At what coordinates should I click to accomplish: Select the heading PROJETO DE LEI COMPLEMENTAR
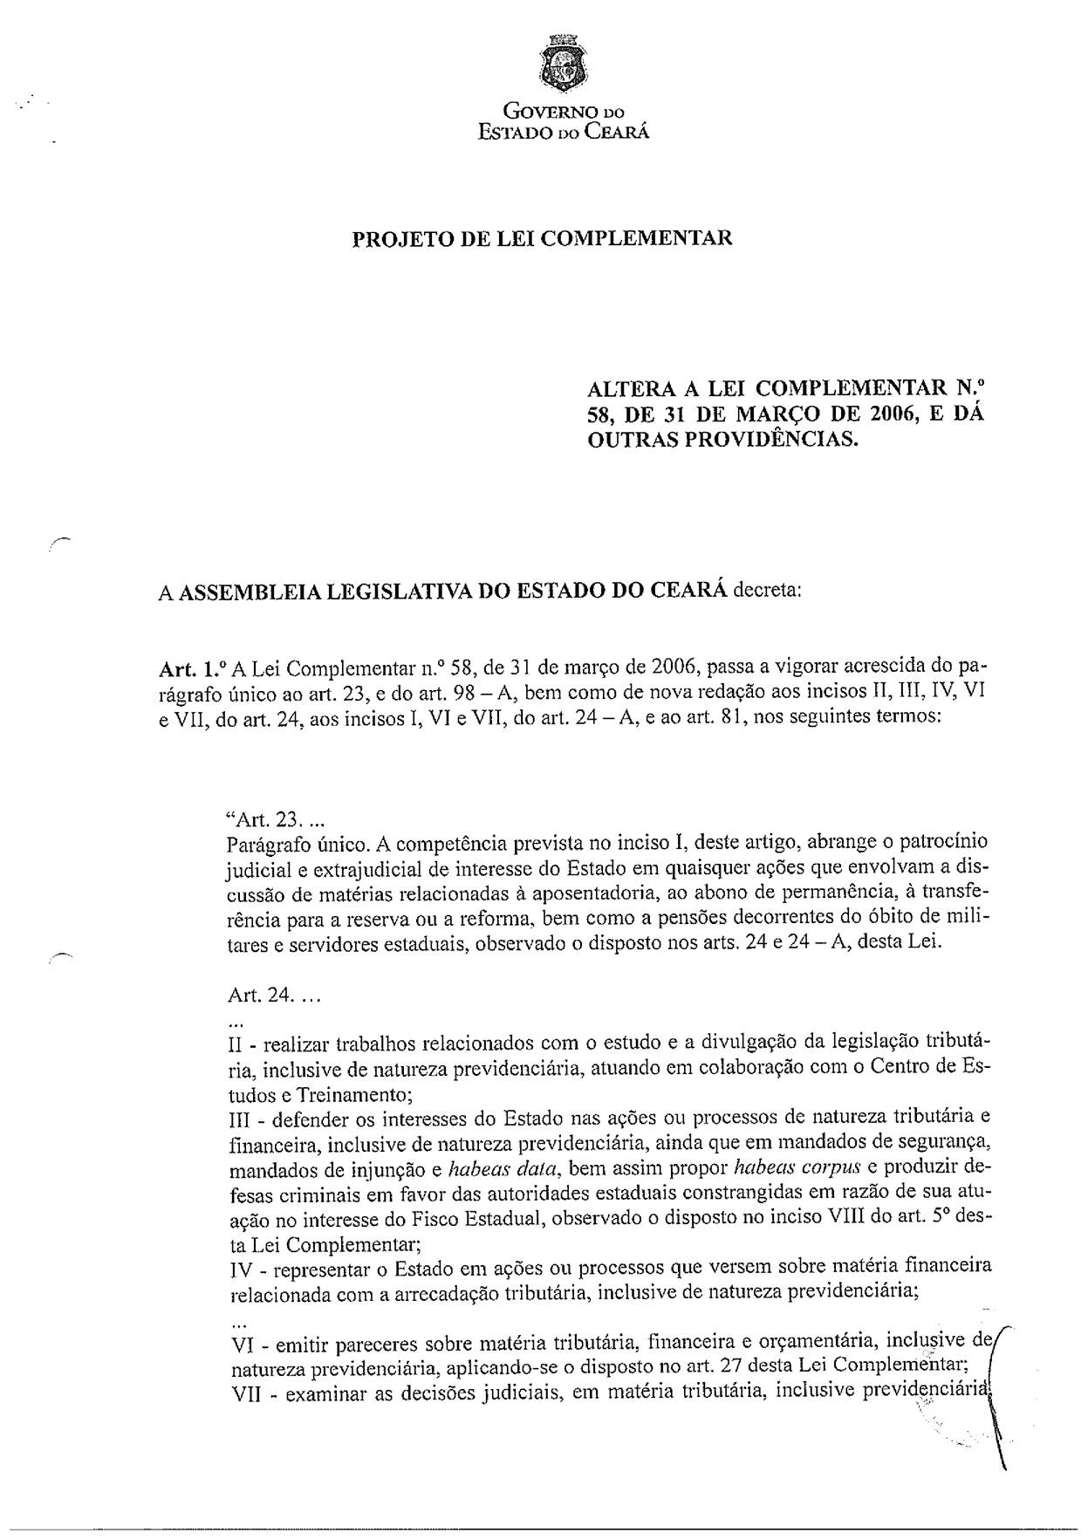point(542,238)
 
